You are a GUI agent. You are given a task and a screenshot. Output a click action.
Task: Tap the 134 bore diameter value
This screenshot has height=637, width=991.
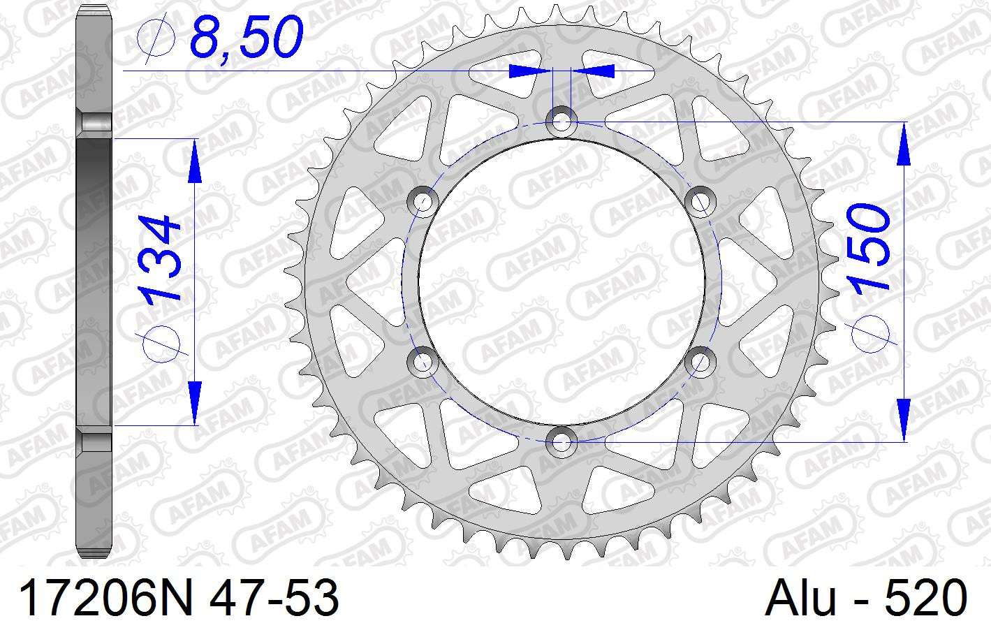click(159, 258)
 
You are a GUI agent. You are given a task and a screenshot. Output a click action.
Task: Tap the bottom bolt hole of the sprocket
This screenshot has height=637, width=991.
click(561, 441)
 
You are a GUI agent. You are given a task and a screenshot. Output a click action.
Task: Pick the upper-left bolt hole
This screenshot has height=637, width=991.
click(423, 202)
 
